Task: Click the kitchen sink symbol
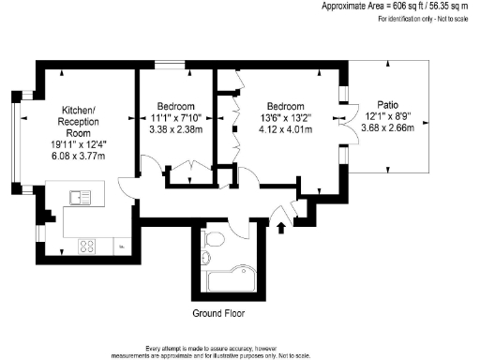[x=79, y=198]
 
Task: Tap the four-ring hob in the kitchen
[x=86, y=247]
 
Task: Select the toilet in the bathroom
[x=214, y=244]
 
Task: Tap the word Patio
[x=387, y=105]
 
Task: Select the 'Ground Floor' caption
[x=218, y=312]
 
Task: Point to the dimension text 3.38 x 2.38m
[x=176, y=129]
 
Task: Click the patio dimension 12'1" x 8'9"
[x=387, y=117]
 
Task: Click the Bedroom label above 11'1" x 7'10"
[x=176, y=106]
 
